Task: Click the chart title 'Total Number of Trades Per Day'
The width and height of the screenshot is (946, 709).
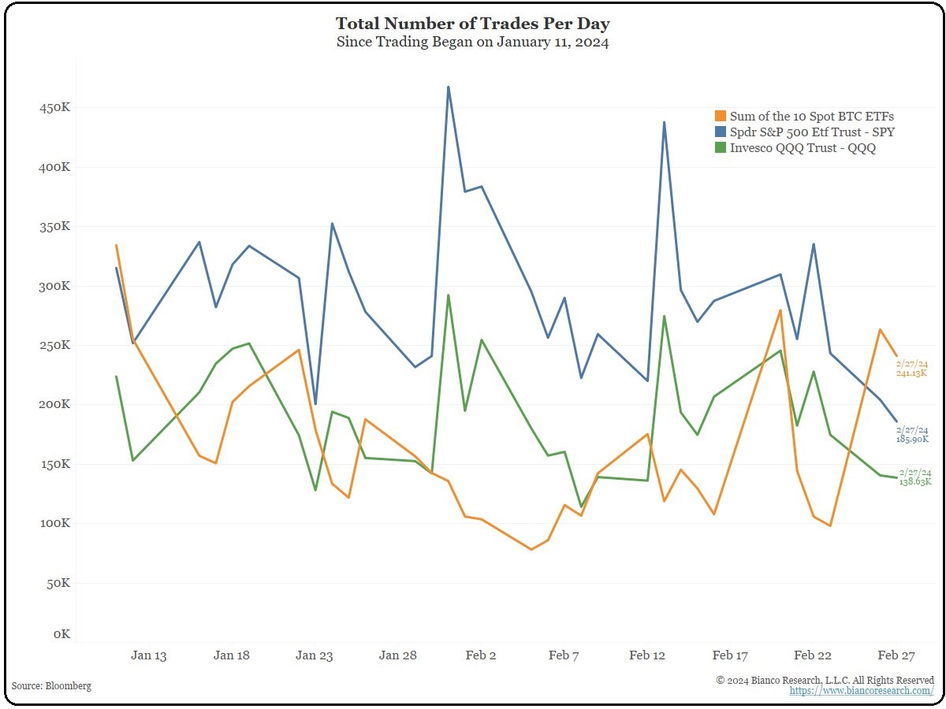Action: click(472, 23)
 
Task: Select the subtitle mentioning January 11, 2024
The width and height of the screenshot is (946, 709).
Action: click(472, 43)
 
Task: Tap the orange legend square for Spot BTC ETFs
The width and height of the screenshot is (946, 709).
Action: click(721, 117)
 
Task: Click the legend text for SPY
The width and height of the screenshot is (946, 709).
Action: click(812, 132)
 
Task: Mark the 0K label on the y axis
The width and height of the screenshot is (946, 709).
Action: click(61, 635)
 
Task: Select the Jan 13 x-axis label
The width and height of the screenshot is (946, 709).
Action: click(149, 655)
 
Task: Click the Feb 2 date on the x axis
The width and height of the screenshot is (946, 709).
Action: click(481, 655)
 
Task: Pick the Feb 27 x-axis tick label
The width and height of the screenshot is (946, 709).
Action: click(896, 655)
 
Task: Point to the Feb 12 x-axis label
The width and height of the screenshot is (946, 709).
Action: click(647, 655)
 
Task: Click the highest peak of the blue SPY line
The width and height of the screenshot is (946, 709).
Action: click(449, 87)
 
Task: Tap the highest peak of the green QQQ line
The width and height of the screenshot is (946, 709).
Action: click(449, 295)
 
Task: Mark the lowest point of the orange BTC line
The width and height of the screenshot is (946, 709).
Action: click(531, 549)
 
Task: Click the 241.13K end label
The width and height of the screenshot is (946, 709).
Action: click(913, 373)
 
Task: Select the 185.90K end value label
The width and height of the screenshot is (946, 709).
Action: click(913, 439)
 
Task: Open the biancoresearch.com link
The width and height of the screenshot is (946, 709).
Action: click(862, 691)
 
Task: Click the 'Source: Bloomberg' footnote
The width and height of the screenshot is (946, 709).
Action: click(52, 686)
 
